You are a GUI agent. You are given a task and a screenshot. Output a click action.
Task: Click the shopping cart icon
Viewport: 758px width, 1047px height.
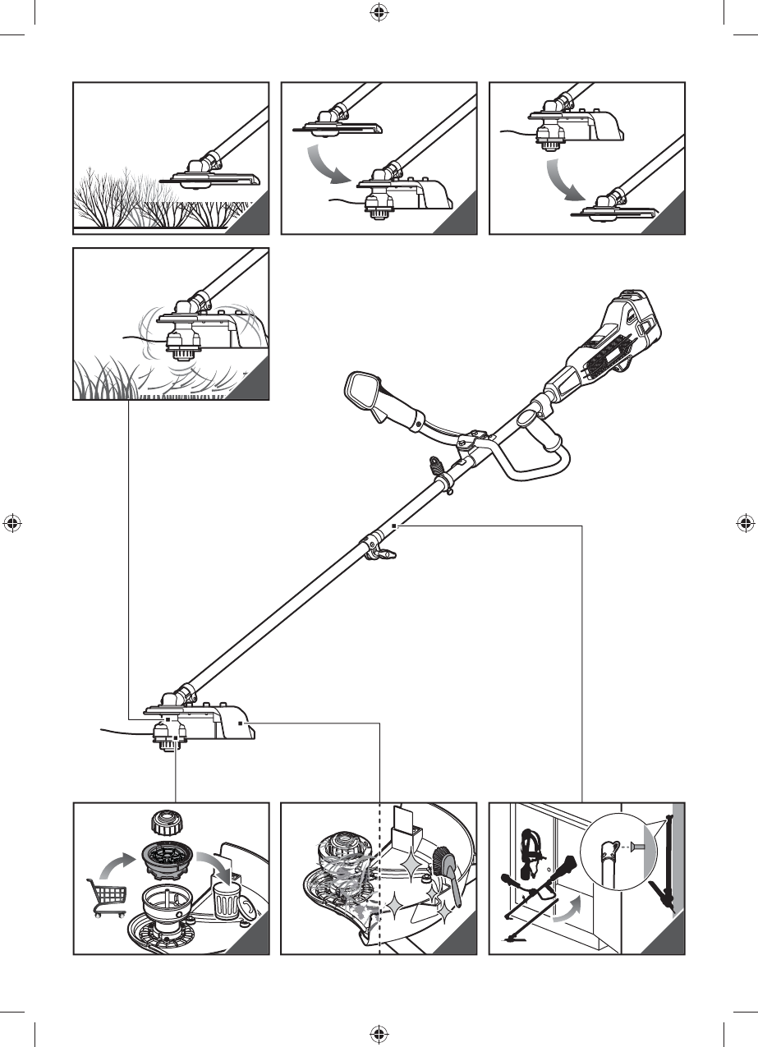[106, 898]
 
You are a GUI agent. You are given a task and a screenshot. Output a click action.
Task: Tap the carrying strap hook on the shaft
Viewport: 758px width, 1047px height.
[436, 472]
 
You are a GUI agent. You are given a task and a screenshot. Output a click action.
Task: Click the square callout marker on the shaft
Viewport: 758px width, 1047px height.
[395, 524]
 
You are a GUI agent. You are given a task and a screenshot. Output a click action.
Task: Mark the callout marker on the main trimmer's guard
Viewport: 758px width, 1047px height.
[240, 723]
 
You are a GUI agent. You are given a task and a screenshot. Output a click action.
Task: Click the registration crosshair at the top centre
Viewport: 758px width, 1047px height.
[379, 11]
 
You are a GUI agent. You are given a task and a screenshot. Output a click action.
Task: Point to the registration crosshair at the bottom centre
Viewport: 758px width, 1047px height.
[379, 1034]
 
